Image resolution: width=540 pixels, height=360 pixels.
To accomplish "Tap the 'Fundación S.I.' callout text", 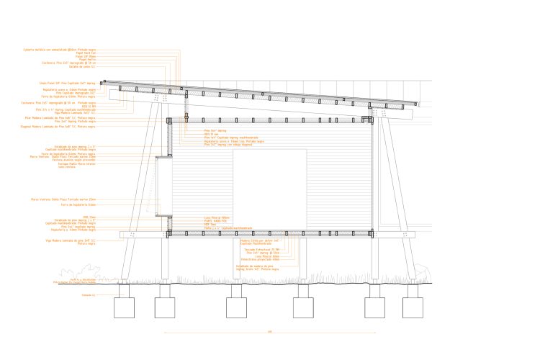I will pos(89,295).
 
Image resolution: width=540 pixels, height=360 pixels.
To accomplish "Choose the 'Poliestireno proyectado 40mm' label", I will pos(263,259).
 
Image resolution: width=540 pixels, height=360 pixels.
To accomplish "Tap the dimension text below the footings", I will pos(269,332).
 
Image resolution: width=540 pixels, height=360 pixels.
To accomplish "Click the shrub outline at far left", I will pos(102,273).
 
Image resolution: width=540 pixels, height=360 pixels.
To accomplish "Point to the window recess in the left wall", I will pos(163,186).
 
